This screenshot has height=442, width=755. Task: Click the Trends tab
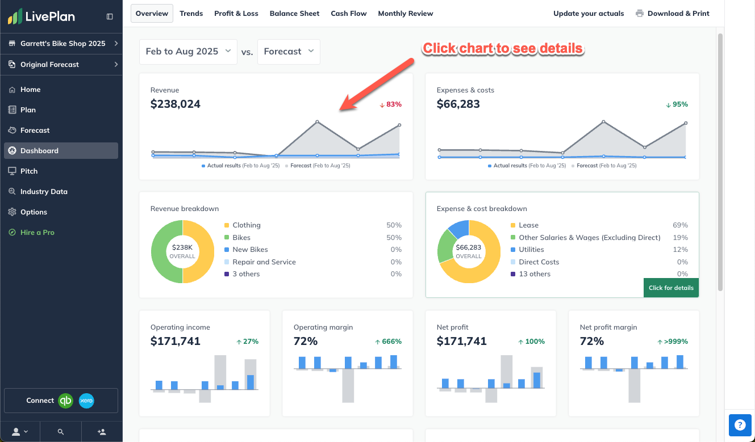pos(191,14)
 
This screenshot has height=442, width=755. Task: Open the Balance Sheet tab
pos(294,14)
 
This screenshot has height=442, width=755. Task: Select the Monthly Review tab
pos(405,14)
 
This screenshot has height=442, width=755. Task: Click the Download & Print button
pos(673,14)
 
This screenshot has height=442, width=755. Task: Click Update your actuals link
pos(588,14)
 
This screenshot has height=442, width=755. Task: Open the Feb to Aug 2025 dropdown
pos(188,52)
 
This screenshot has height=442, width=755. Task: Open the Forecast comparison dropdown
pos(289,52)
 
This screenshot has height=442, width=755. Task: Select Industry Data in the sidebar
pos(44,192)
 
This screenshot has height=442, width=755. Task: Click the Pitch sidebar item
pos(29,171)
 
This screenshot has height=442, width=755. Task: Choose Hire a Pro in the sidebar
pos(37,233)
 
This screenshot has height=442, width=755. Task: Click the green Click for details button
pos(671,288)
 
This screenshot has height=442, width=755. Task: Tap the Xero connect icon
pos(86,401)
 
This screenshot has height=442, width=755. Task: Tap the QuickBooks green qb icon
pos(66,401)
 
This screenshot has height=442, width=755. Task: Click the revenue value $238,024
pos(176,104)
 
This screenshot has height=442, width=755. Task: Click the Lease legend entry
pos(528,225)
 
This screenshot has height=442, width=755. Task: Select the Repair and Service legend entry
pos(264,262)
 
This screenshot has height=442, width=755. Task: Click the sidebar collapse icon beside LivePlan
pos(110,17)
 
